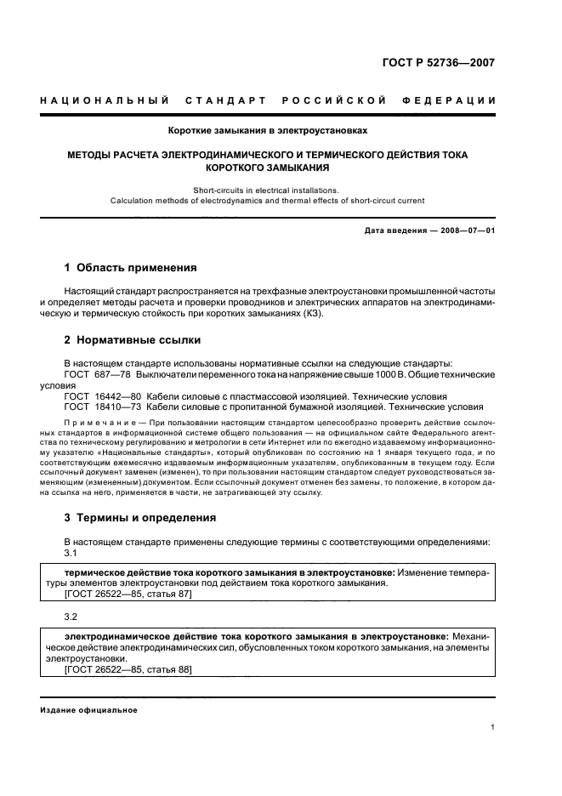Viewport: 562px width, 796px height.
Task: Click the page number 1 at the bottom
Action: tap(493, 726)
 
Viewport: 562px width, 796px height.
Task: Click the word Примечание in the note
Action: tap(100, 423)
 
